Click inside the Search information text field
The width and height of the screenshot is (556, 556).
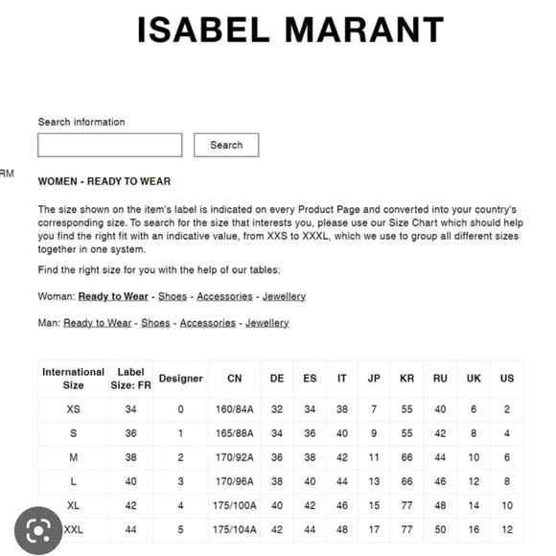(x=109, y=145)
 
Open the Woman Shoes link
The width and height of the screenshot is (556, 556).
(x=173, y=296)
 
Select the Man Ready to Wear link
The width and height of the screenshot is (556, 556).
(x=97, y=323)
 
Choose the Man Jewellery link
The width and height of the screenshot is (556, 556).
(x=266, y=323)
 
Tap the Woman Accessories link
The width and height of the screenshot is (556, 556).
(x=224, y=296)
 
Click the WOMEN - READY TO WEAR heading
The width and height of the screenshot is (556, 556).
(x=104, y=181)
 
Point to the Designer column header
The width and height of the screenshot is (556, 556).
(x=180, y=379)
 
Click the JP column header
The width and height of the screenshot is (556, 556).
(x=374, y=379)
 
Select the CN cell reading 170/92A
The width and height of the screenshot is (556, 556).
(x=234, y=457)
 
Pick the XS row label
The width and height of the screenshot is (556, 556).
(x=74, y=409)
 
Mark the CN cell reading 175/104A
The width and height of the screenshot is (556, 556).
(x=234, y=529)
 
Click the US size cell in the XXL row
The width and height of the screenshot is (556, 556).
(x=507, y=529)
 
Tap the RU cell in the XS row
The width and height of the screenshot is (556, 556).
(x=440, y=409)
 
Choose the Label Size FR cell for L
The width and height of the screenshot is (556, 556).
(x=130, y=481)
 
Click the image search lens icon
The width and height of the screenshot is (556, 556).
(x=39, y=529)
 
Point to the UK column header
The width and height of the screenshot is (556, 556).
(x=474, y=379)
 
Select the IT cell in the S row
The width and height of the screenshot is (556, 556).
(x=342, y=433)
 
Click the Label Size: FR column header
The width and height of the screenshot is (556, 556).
(x=130, y=379)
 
